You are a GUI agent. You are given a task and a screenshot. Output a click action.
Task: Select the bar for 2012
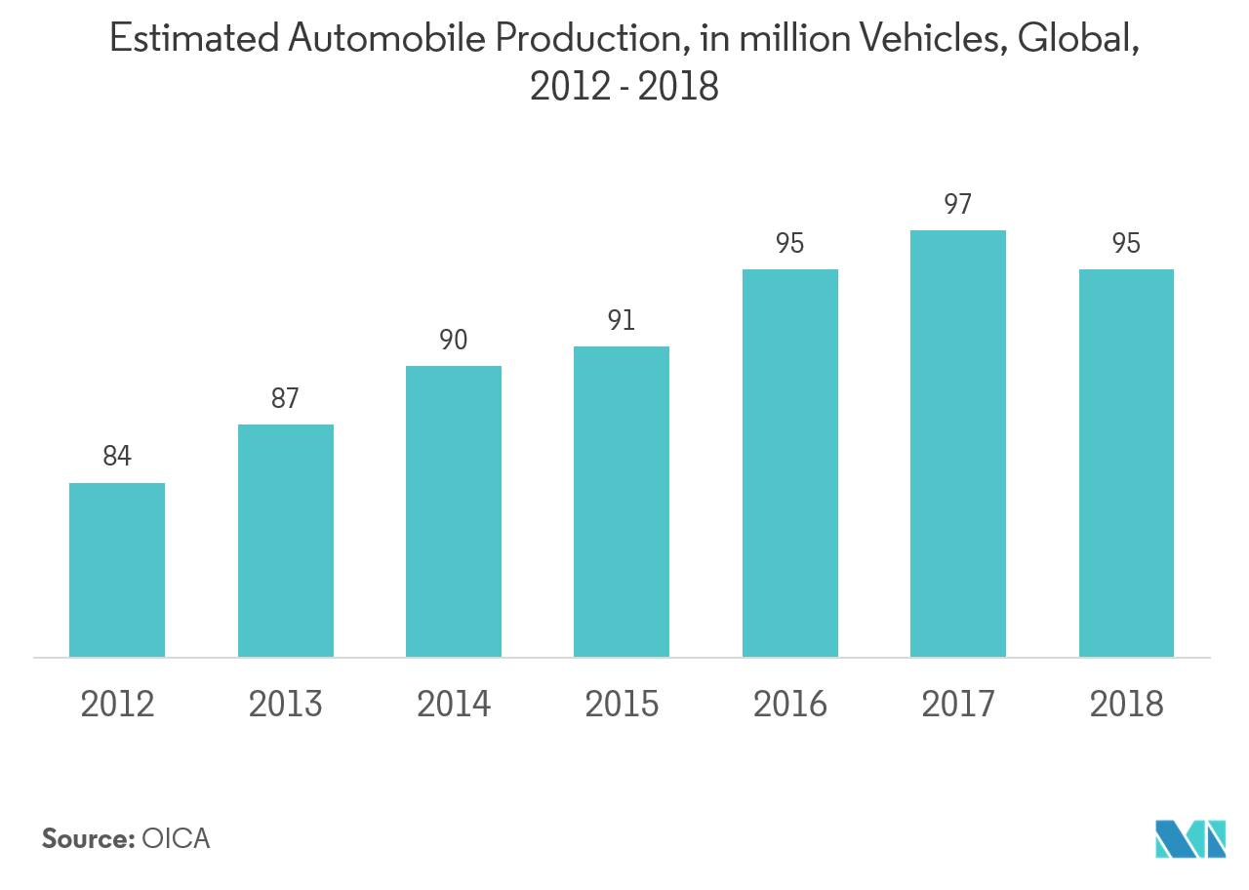coord(117,570)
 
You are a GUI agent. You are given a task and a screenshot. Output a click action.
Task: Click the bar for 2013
coord(286,541)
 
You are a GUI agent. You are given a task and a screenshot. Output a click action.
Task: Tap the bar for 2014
coord(454,511)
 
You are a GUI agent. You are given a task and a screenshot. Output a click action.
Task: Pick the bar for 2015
coord(622,502)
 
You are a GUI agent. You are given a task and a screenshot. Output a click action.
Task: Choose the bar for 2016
coord(790,463)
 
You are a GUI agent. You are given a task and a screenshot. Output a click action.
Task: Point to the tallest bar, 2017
coord(958,443)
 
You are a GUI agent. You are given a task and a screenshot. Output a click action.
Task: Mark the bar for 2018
coord(1126,463)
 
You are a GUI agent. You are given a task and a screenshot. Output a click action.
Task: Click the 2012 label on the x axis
coord(117,704)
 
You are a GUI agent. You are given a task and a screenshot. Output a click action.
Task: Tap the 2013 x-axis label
coord(286,704)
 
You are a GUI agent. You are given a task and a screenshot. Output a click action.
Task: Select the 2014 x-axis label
coord(454,704)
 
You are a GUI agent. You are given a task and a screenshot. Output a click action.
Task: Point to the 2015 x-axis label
coord(622,704)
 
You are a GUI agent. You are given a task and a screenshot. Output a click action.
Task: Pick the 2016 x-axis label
coord(790,704)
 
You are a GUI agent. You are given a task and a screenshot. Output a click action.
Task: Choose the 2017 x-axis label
coord(958,704)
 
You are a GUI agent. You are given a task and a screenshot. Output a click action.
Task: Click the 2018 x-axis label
coord(1126,704)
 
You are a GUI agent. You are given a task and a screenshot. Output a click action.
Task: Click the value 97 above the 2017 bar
coord(958,205)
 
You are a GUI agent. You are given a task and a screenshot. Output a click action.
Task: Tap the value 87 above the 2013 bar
coord(285,399)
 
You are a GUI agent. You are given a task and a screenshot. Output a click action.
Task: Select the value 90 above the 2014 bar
coord(453,341)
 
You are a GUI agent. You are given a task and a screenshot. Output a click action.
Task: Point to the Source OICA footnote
coord(127,841)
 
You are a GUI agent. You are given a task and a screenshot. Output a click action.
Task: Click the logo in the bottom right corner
coord(1190,839)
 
